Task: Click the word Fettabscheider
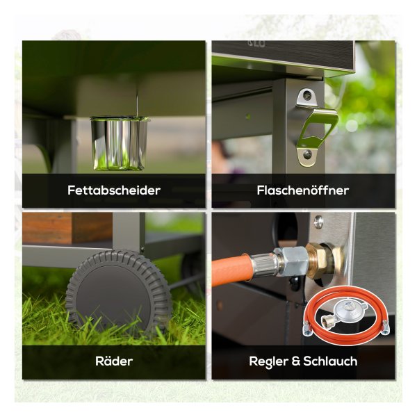click(x=114, y=190)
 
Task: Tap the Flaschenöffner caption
click(x=303, y=190)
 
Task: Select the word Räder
click(x=114, y=361)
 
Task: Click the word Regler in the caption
click(x=268, y=361)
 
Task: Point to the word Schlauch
click(x=330, y=361)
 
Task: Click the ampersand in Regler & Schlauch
click(x=295, y=361)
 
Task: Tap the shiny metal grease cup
click(x=119, y=143)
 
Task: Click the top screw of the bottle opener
click(x=307, y=95)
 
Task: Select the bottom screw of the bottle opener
click(x=307, y=154)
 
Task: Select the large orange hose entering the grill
click(x=231, y=270)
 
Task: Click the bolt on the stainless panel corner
click(x=318, y=222)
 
